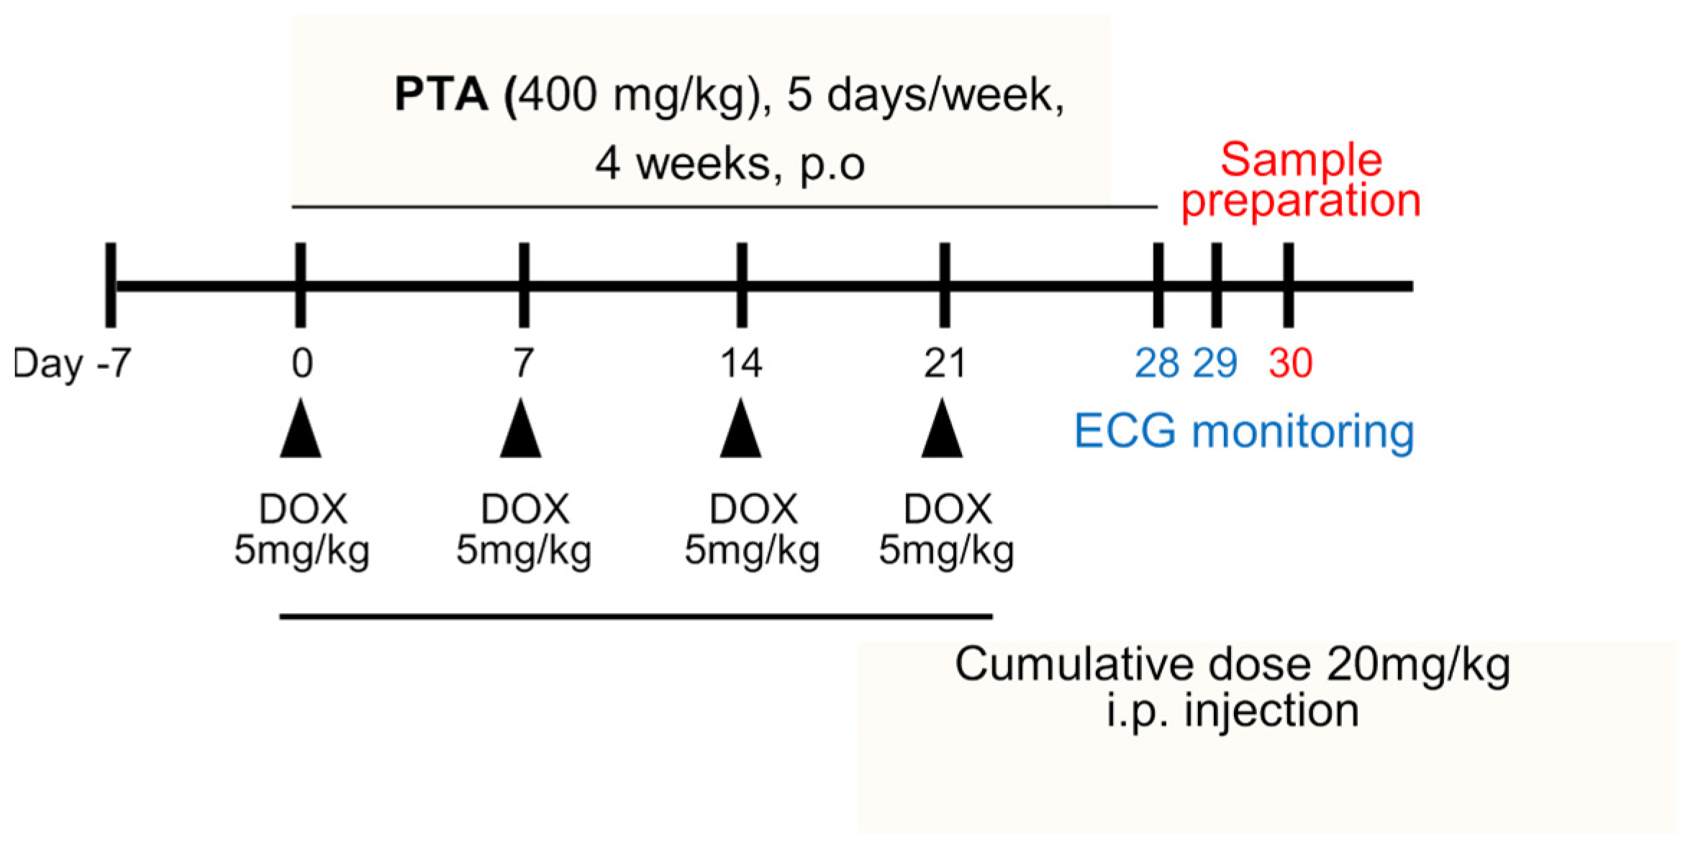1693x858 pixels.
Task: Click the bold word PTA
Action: click(x=440, y=94)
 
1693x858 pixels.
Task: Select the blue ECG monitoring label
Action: click(x=1243, y=432)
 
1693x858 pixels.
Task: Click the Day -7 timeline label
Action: click(x=72, y=363)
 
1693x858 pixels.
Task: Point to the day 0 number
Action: click(x=302, y=362)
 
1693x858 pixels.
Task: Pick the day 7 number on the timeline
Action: click(x=524, y=362)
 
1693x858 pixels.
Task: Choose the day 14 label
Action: click(x=741, y=362)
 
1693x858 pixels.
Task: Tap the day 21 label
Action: click(x=944, y=362)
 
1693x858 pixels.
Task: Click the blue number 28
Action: click(x=1156, y=362)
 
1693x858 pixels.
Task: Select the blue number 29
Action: click(x=1215, y=362)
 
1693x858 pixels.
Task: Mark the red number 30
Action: click(x=1290, y=362)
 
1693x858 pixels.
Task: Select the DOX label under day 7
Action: click(x=525, y=510)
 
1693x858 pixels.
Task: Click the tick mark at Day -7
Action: click(x=111, y=285)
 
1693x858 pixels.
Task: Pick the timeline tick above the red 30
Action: click(x=1288, y=285)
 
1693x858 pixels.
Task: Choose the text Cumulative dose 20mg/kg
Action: click(x=1232, y=665)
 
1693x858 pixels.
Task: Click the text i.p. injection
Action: click(x=1232, y=711)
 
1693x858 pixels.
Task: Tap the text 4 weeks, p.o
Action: click(x=730, y=164)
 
